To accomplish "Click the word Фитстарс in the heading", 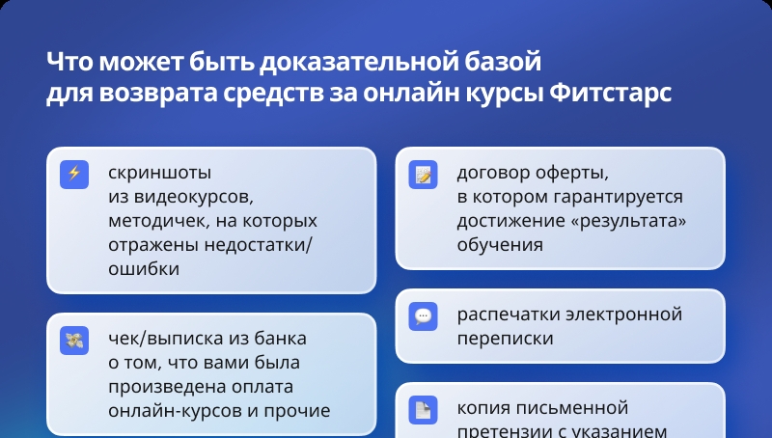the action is (610, 92).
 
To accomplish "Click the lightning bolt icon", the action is (74, 175).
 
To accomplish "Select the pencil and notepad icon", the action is (423, 175).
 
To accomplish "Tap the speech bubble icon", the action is (423, 315).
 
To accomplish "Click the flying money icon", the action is (74, 340).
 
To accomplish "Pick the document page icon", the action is (423, 409).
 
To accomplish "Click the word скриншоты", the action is (159, 173).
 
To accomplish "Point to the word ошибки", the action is (144, 269).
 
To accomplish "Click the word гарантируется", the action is (618, 197).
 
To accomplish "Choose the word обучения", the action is (500, 245).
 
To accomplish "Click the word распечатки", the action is (509, 315).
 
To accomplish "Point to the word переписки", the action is (505, 339).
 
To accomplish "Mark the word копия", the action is (482, 408).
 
